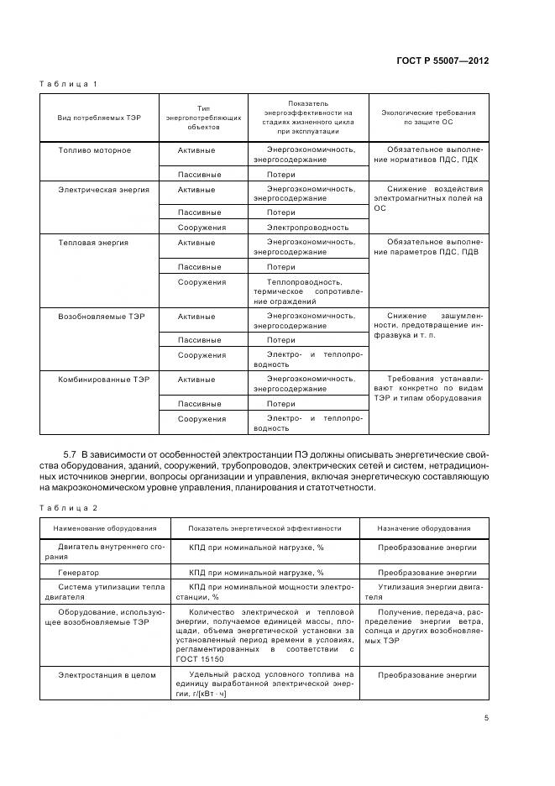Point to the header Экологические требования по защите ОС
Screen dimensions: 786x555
(428, 117)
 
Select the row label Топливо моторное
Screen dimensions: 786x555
(94, 150)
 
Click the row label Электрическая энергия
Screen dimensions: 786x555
(103, 190)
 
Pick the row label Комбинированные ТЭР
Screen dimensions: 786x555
(103, 380)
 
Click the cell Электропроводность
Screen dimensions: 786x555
(307, 227)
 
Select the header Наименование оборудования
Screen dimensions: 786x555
(105, 529)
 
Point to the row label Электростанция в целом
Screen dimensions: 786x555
(107, 674)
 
